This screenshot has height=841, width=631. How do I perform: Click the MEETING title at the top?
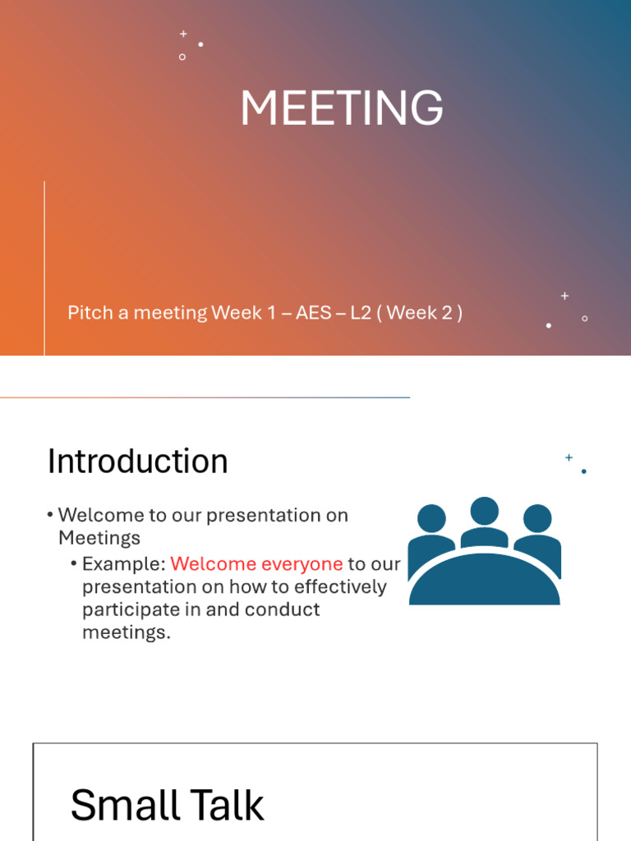(341, 108)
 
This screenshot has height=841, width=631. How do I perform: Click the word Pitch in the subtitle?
(89, 313)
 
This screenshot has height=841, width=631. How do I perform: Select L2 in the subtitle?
(361, 313)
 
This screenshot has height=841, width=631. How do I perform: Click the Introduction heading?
(137, 462)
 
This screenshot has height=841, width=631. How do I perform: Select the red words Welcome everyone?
(256, 564)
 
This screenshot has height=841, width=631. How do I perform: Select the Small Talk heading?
(167, 805)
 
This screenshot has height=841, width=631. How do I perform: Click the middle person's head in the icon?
(485, 511)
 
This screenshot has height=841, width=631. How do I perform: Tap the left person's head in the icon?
(431, 518)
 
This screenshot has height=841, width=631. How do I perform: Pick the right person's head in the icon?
(537, 518)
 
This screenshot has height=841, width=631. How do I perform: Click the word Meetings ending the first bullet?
(99, 538)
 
